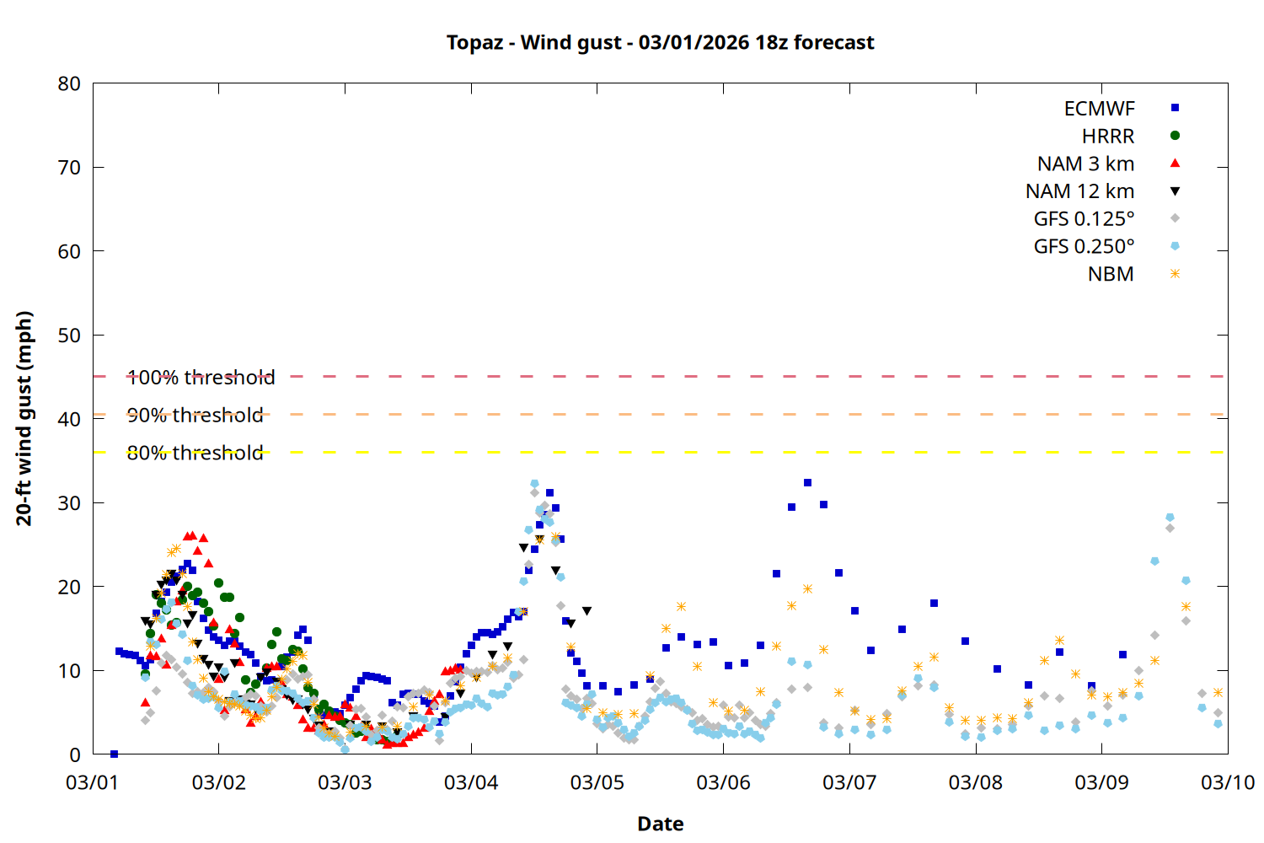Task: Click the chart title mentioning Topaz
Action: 660,43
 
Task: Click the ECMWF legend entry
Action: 1099,109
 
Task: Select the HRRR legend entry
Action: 1108,137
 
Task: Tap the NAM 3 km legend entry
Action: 1085,164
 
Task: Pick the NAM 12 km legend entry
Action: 1079,191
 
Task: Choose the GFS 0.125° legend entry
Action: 1084,219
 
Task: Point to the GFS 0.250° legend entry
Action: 1084,247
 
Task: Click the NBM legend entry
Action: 1111,275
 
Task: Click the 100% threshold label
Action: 201,378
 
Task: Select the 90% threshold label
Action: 195,416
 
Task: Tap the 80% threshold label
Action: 195,454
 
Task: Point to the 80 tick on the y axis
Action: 69,84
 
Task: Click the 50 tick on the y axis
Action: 69,336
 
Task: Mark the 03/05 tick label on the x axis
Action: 597,783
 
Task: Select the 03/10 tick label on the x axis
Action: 1227,783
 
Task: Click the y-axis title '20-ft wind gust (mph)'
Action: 24,418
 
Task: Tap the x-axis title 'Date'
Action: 660,824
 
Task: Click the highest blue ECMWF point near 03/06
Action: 807,483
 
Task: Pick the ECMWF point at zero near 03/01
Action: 114,754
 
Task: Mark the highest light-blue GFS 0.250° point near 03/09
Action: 1170,518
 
